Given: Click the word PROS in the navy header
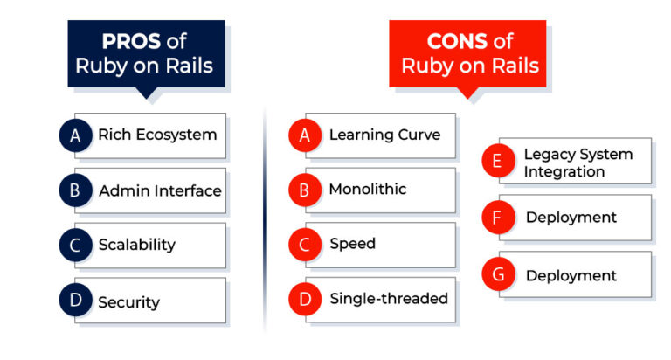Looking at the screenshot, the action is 131,42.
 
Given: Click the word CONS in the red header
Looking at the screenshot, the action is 457,42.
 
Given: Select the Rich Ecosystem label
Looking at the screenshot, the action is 157,135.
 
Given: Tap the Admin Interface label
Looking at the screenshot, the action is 160,190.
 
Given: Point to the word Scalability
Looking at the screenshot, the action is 137,245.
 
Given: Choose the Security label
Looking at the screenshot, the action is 128,302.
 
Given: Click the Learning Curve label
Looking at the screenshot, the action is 384,135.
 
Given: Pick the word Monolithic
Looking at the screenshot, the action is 368,189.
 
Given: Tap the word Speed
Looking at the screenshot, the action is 353,244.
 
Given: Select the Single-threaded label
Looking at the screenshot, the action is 389,298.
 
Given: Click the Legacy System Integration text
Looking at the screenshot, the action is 578,163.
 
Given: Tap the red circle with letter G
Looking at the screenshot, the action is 498,274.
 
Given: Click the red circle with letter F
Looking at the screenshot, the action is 498,217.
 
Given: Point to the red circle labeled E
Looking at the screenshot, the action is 498,161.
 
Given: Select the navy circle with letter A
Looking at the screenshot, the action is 76,135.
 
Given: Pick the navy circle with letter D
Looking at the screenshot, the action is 76,300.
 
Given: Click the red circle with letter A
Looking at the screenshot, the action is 305,135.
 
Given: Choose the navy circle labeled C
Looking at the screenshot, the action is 76,246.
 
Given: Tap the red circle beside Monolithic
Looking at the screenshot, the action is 305,190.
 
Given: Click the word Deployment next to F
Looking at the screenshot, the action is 571,218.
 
